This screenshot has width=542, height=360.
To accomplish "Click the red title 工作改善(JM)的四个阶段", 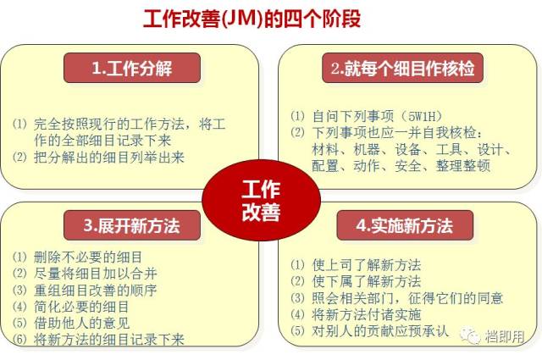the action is coord(252,19).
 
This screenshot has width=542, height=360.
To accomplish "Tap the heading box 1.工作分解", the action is coord(132,68).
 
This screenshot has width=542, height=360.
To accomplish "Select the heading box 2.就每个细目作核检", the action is coord(403,68).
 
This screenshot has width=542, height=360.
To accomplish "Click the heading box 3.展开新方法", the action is coord(132,225).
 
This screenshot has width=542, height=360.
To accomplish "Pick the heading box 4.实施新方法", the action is coord(405,225).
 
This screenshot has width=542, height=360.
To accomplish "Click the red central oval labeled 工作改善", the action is coord(262,200).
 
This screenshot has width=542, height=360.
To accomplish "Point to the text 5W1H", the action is coord(422,116).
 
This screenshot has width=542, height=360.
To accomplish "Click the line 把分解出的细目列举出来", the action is coord(109,158).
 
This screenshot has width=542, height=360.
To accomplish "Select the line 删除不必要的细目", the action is coord(88,257).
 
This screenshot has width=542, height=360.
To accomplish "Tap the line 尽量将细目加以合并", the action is coord(96,274).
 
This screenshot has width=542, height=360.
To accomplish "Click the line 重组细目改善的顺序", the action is coord(96,291).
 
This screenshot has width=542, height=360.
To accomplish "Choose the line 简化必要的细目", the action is coord(81,307).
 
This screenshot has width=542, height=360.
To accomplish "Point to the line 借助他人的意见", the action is coord(82,323).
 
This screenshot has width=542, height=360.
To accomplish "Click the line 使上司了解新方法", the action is coord(367,265).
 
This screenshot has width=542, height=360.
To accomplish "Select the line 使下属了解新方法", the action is coord(367,281).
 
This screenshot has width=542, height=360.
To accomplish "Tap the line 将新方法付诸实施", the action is coord(367,315).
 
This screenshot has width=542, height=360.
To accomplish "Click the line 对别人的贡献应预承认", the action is coord(380,331).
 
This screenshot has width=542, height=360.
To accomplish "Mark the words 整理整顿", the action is coord(463,166).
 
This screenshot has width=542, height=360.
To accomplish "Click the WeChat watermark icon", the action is coord(470,335).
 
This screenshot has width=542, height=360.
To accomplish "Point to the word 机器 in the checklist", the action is coord(367,149).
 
